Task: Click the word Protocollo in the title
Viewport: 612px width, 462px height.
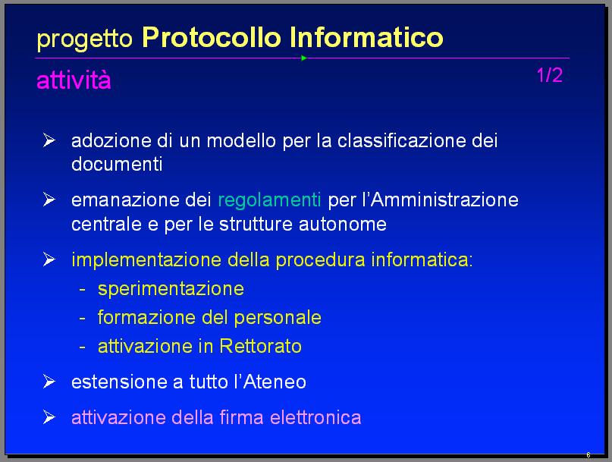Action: [x=211, y=37]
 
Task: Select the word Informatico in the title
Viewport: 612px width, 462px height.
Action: [x=366, y=37]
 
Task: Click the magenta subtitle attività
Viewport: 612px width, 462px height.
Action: [x=74, y=80]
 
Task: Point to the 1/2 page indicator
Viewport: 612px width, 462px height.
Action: [x=550, y=75]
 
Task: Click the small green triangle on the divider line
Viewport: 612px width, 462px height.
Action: [x=303, y=58]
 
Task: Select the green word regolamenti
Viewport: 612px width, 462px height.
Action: [x=269, y=201]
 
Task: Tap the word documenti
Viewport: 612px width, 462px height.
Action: [x=117, y=164]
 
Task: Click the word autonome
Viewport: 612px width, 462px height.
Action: [x=343, y=225]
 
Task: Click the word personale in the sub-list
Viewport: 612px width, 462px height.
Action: [x=278, y=319]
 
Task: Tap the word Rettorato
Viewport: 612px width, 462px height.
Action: [x=260, y=346]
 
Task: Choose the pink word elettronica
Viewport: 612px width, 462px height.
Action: [x=315, y=417]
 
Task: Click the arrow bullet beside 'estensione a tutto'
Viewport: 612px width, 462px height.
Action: [x=49, y=382]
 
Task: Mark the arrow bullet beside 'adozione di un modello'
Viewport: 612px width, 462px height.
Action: [x=49, y=140]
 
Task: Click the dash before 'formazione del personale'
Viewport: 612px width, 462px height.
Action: [x=82, y=319]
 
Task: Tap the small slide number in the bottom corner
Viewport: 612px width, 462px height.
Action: [x=588, y=455]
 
